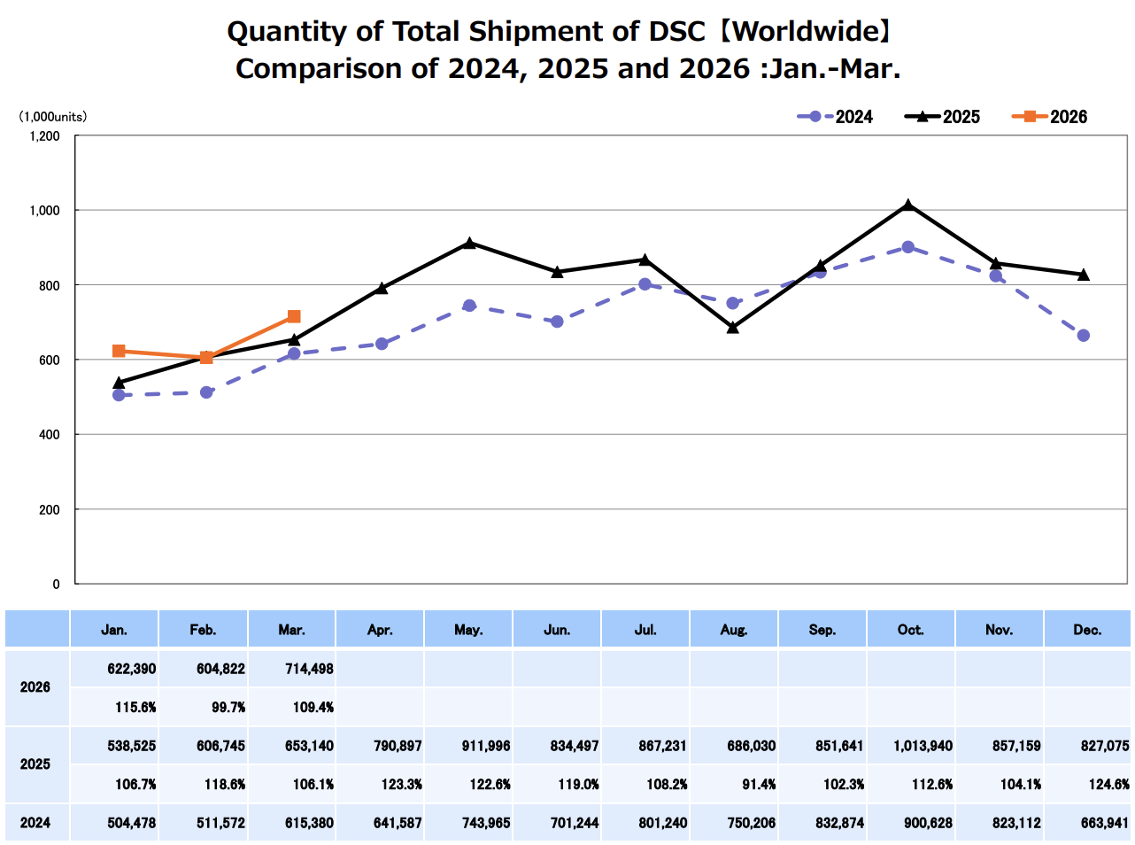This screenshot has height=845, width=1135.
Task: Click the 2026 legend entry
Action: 1050,117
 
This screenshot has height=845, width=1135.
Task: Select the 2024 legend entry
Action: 836,117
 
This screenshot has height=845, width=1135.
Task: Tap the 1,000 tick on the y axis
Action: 45,211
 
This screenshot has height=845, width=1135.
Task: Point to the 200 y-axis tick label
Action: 50,510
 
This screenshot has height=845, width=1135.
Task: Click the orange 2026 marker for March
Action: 294,316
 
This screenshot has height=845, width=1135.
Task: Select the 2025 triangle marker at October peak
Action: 907,205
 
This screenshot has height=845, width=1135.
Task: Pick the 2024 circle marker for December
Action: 1083,336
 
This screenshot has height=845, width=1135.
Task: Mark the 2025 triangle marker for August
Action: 732,328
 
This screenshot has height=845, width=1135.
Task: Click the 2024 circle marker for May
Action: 469,306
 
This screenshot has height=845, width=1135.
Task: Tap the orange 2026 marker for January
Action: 119,351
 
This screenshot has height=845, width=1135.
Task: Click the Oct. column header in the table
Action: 910,630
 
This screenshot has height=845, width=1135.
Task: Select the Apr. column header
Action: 380,630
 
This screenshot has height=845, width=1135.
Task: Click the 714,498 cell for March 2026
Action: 309,669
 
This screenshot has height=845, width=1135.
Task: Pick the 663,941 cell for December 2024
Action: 1104,823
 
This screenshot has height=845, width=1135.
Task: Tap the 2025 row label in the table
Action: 35,764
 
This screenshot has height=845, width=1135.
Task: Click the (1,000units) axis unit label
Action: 53,117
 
